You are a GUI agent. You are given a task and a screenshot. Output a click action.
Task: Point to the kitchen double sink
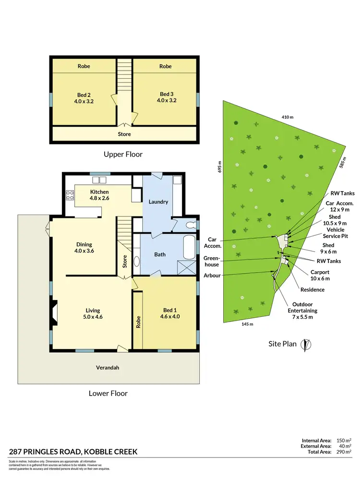pos(99,180)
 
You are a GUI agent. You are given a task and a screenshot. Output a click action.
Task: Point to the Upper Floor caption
pos(123,155)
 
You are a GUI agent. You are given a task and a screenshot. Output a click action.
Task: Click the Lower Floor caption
pos(108,393)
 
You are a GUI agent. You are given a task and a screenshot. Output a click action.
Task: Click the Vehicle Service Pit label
pos(329,233)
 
